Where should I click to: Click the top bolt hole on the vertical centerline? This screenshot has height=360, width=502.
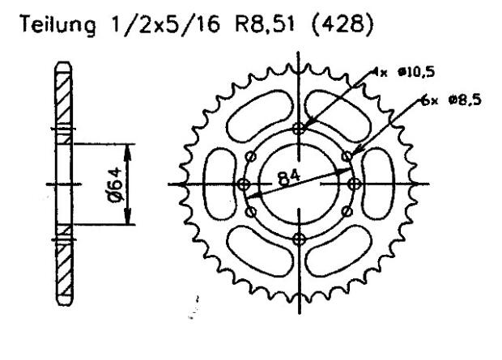click(x=300, y=129)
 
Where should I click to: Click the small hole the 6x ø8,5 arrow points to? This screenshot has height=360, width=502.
click(x=348, y=155)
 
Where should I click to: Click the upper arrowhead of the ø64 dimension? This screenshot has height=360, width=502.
click(x=130, y=150)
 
